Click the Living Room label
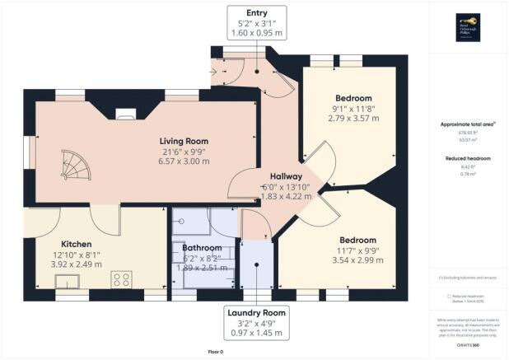(182, 141)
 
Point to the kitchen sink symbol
(68, 283)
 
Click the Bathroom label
(203, 247)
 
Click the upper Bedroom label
(352, 99)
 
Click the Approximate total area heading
(467, 125)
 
